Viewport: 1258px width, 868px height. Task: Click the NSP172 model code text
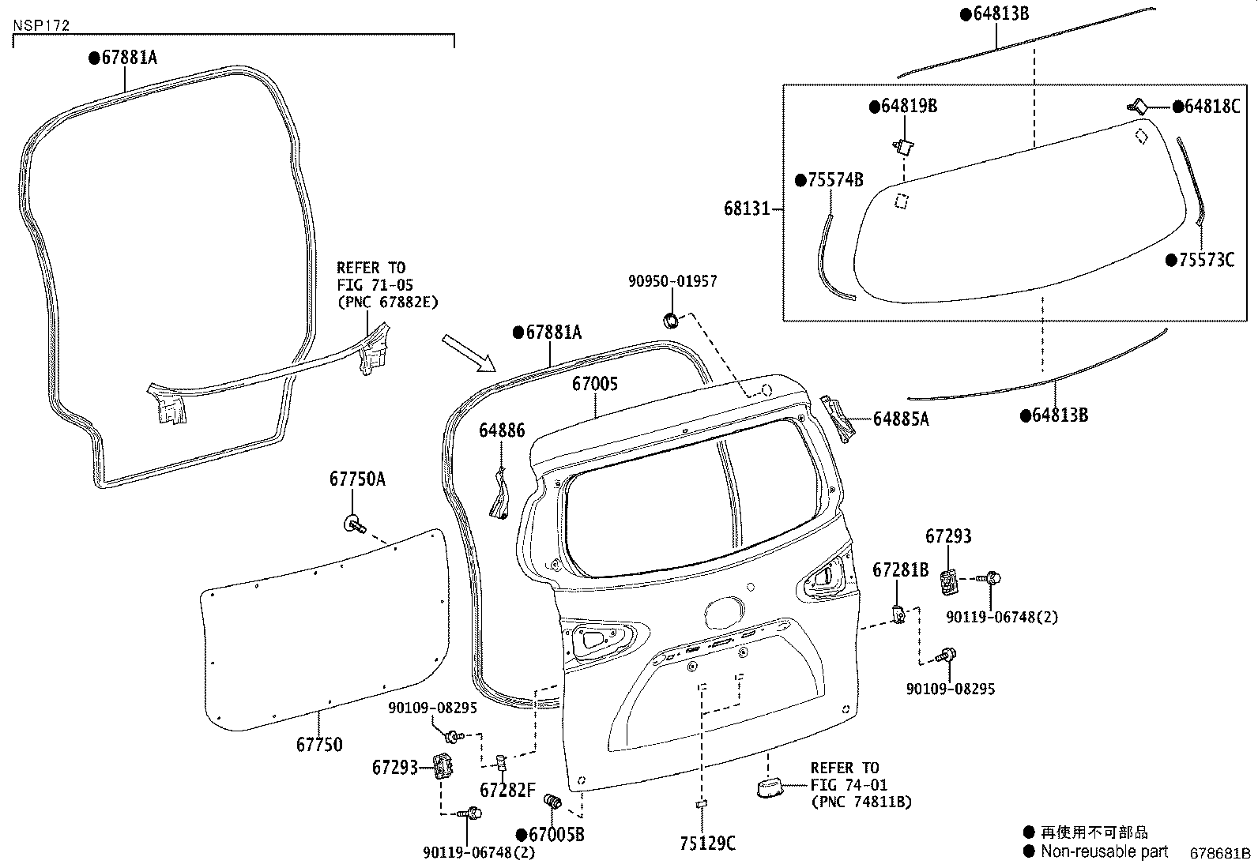[41, 25]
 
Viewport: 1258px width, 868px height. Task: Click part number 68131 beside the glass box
[746, 209]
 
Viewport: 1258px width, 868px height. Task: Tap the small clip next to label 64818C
[1139, 105]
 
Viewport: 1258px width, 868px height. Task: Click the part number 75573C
[1205, 259]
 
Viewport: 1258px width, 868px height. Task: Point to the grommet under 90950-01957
[670, 320]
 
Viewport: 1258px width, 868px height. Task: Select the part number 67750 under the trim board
[319, 744]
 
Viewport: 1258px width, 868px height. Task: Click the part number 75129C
[707, 844]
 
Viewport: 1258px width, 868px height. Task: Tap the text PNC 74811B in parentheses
[861, 802]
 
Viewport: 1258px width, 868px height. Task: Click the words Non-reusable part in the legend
[1104, 851]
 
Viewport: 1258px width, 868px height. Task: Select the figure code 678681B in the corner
[1221, 853]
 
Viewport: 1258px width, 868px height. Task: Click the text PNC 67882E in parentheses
[387, 302]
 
